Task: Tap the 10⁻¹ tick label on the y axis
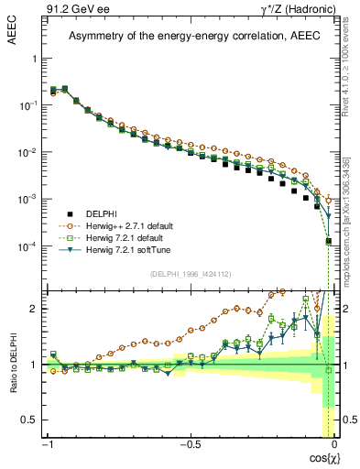click(x=28, y=105)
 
